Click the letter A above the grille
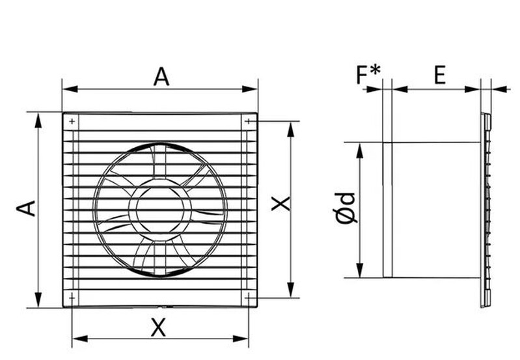161,77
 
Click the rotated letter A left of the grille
26,208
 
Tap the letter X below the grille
158,327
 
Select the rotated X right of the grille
281,203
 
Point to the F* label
368,75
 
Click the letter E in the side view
440,75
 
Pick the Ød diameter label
346,208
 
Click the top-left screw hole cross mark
72,122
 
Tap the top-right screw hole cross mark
249,122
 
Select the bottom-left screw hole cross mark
72,298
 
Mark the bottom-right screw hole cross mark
249,298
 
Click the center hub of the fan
160,210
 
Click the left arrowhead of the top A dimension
70,89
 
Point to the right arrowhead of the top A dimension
250,89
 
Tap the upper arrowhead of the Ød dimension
360,150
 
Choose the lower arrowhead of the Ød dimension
360,270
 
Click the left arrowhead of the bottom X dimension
80,339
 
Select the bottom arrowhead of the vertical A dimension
39,300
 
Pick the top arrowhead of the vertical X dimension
291,130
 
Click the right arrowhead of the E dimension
472,89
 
